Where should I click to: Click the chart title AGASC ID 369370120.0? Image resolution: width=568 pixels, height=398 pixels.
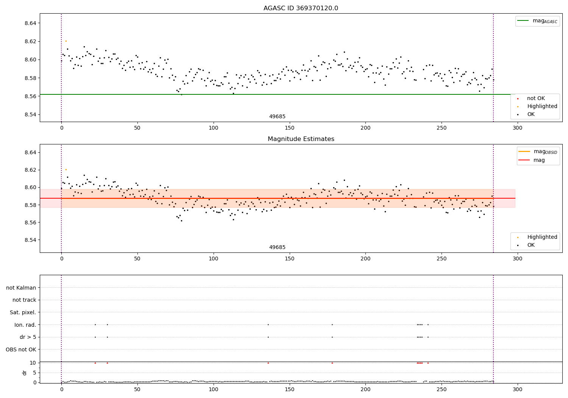pos(301,8)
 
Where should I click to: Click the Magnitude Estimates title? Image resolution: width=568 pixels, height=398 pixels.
pos(301,139)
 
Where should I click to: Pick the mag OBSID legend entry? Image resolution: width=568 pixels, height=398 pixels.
pos(538,152)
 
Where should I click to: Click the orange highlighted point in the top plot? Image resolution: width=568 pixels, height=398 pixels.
pos(66,41)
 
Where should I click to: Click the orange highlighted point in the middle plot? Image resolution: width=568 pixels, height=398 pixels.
pos(66,169)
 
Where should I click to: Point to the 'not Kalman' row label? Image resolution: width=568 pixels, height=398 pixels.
pos(21,288)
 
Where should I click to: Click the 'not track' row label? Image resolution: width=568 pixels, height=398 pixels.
pos(24,300)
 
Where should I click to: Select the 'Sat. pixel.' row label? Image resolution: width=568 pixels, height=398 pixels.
pos(23,312)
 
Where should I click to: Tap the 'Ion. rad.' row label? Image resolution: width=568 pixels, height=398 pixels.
pos(25,324)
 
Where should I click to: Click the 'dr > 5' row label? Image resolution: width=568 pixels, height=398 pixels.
pos(28,337)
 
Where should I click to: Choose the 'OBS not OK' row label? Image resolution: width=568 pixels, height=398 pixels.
pos(21,349)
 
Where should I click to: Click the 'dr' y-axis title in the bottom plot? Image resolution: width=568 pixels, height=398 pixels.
pos(24,373)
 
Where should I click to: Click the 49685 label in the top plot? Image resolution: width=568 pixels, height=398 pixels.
pos(277,116)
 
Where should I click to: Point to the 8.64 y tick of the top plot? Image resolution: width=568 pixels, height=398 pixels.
pos(30,23)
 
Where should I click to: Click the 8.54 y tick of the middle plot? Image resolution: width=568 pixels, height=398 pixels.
pos(30,240)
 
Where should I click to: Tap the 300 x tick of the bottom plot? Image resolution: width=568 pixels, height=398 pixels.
pos(518,389)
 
